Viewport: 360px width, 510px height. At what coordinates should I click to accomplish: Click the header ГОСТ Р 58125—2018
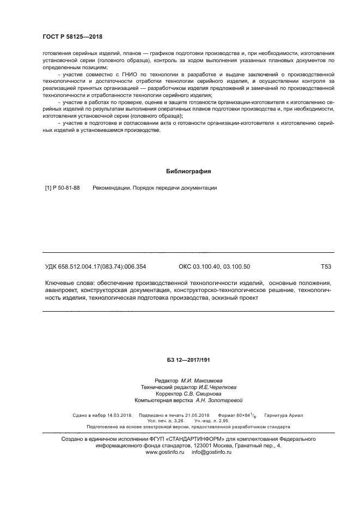pos(72,37)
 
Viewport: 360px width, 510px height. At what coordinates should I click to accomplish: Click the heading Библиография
pos(188,171)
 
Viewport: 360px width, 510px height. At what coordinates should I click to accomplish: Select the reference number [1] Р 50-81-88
pos(62,188)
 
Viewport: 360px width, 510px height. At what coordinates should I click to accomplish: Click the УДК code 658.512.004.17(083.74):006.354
pos(96,266)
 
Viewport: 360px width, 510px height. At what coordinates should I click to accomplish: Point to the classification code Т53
pos(327,266)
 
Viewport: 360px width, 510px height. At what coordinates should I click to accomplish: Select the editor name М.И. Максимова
pos(202,380)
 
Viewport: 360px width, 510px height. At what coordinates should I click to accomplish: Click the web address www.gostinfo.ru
pos(165,452)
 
